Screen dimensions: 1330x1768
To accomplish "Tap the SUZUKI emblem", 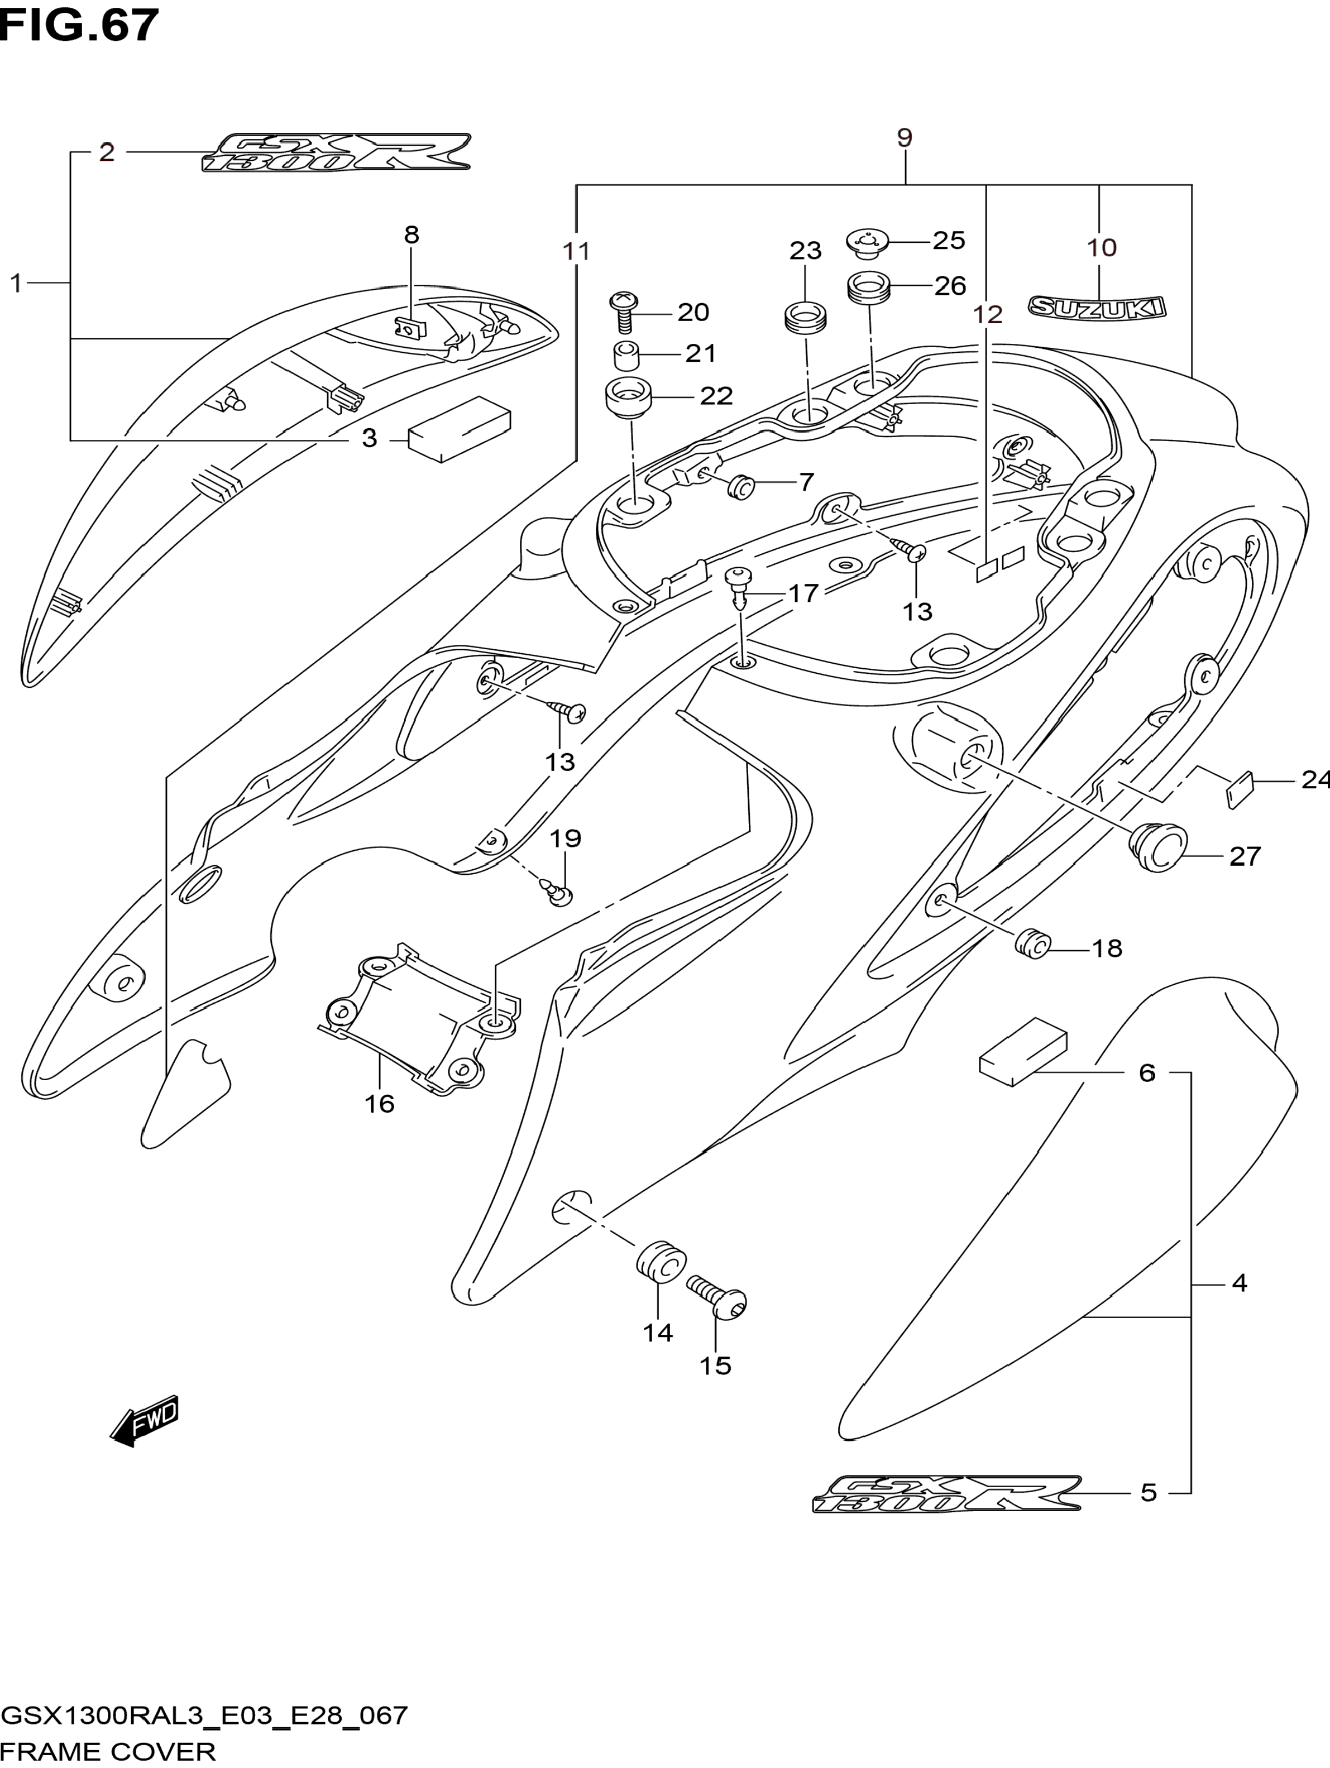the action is pos(1097,308).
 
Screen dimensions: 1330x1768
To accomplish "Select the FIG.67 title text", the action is pos(79,26).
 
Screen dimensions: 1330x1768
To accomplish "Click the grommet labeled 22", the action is pos(629,398).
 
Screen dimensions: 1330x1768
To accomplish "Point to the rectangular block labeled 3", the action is pos(459,429).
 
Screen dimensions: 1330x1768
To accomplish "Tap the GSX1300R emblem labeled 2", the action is pos(336,152).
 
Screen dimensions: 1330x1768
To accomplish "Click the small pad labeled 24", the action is pos(1240,791).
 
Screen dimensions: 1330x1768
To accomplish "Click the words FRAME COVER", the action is pos(109,1751).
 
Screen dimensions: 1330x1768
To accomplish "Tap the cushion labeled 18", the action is pos(1032,943).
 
